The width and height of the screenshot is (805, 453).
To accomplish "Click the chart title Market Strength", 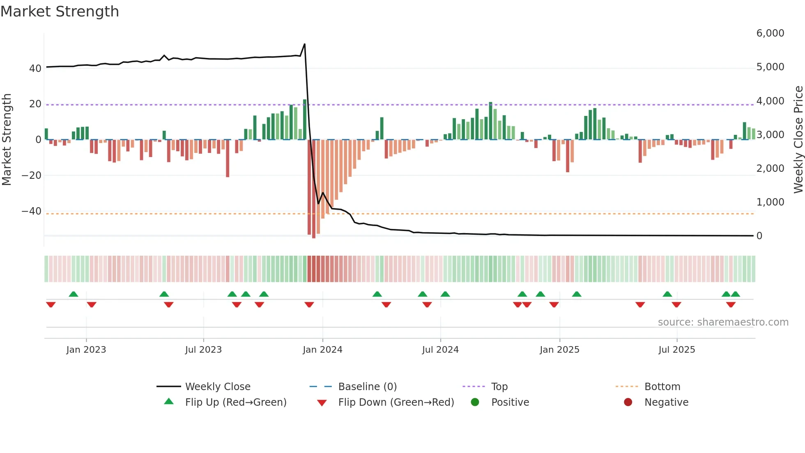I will coord(60,12).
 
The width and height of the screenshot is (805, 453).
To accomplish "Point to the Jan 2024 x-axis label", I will coord(322,349).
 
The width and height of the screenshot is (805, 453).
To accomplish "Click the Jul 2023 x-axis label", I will coord(203,349).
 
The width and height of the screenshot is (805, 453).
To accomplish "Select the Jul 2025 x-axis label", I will coord(676,349).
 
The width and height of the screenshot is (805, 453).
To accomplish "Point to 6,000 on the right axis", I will coord(770,33).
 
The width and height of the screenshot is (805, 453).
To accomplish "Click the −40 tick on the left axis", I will coord(32,211).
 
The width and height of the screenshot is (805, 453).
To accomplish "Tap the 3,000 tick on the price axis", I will coord(770,134).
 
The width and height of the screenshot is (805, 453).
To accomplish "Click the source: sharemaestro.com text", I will coord(723,322).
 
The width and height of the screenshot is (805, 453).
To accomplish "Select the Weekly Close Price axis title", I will coord(798,139).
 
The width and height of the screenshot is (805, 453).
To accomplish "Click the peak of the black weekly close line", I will coord(304,44).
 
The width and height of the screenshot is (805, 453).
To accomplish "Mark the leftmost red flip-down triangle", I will coord(51,305).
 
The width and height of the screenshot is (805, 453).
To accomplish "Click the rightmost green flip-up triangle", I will coord(735,294).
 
